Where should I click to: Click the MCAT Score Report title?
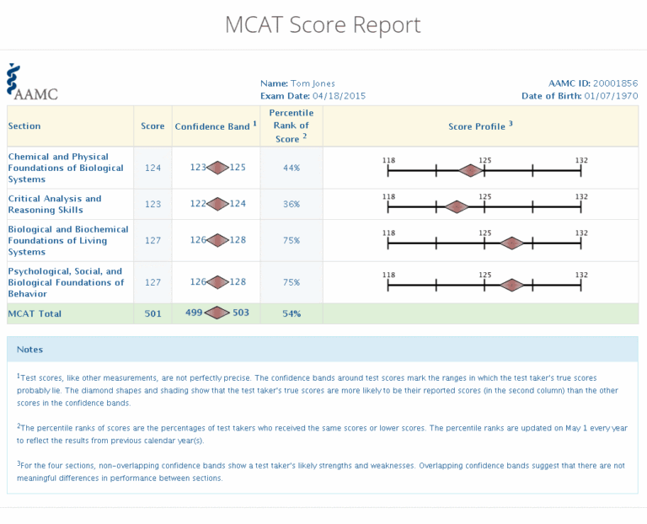coord(323,25)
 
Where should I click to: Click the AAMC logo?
coord(32,83)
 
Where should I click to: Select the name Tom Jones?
coord(313,83)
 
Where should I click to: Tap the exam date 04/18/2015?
coord(340,96)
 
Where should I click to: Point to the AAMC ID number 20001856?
coord(615,83)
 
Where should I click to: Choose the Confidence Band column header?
coord(216,126)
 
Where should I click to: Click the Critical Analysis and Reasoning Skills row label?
coord(55,204)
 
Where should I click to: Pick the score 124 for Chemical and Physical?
coord(152,168)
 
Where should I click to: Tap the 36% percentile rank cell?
coord(291,204)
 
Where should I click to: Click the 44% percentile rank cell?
coord(291,168)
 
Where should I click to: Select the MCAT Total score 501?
coord(152,313)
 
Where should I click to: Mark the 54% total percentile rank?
coord(291,313)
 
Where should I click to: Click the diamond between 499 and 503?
coord(217,313)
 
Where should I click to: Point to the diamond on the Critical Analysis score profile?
coord(456,206)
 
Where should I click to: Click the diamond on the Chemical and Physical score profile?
coord(470,170)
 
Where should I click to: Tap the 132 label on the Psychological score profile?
coord(581,275)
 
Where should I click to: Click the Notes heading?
coord(29,349)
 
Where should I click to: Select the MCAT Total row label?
coord(35,313)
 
